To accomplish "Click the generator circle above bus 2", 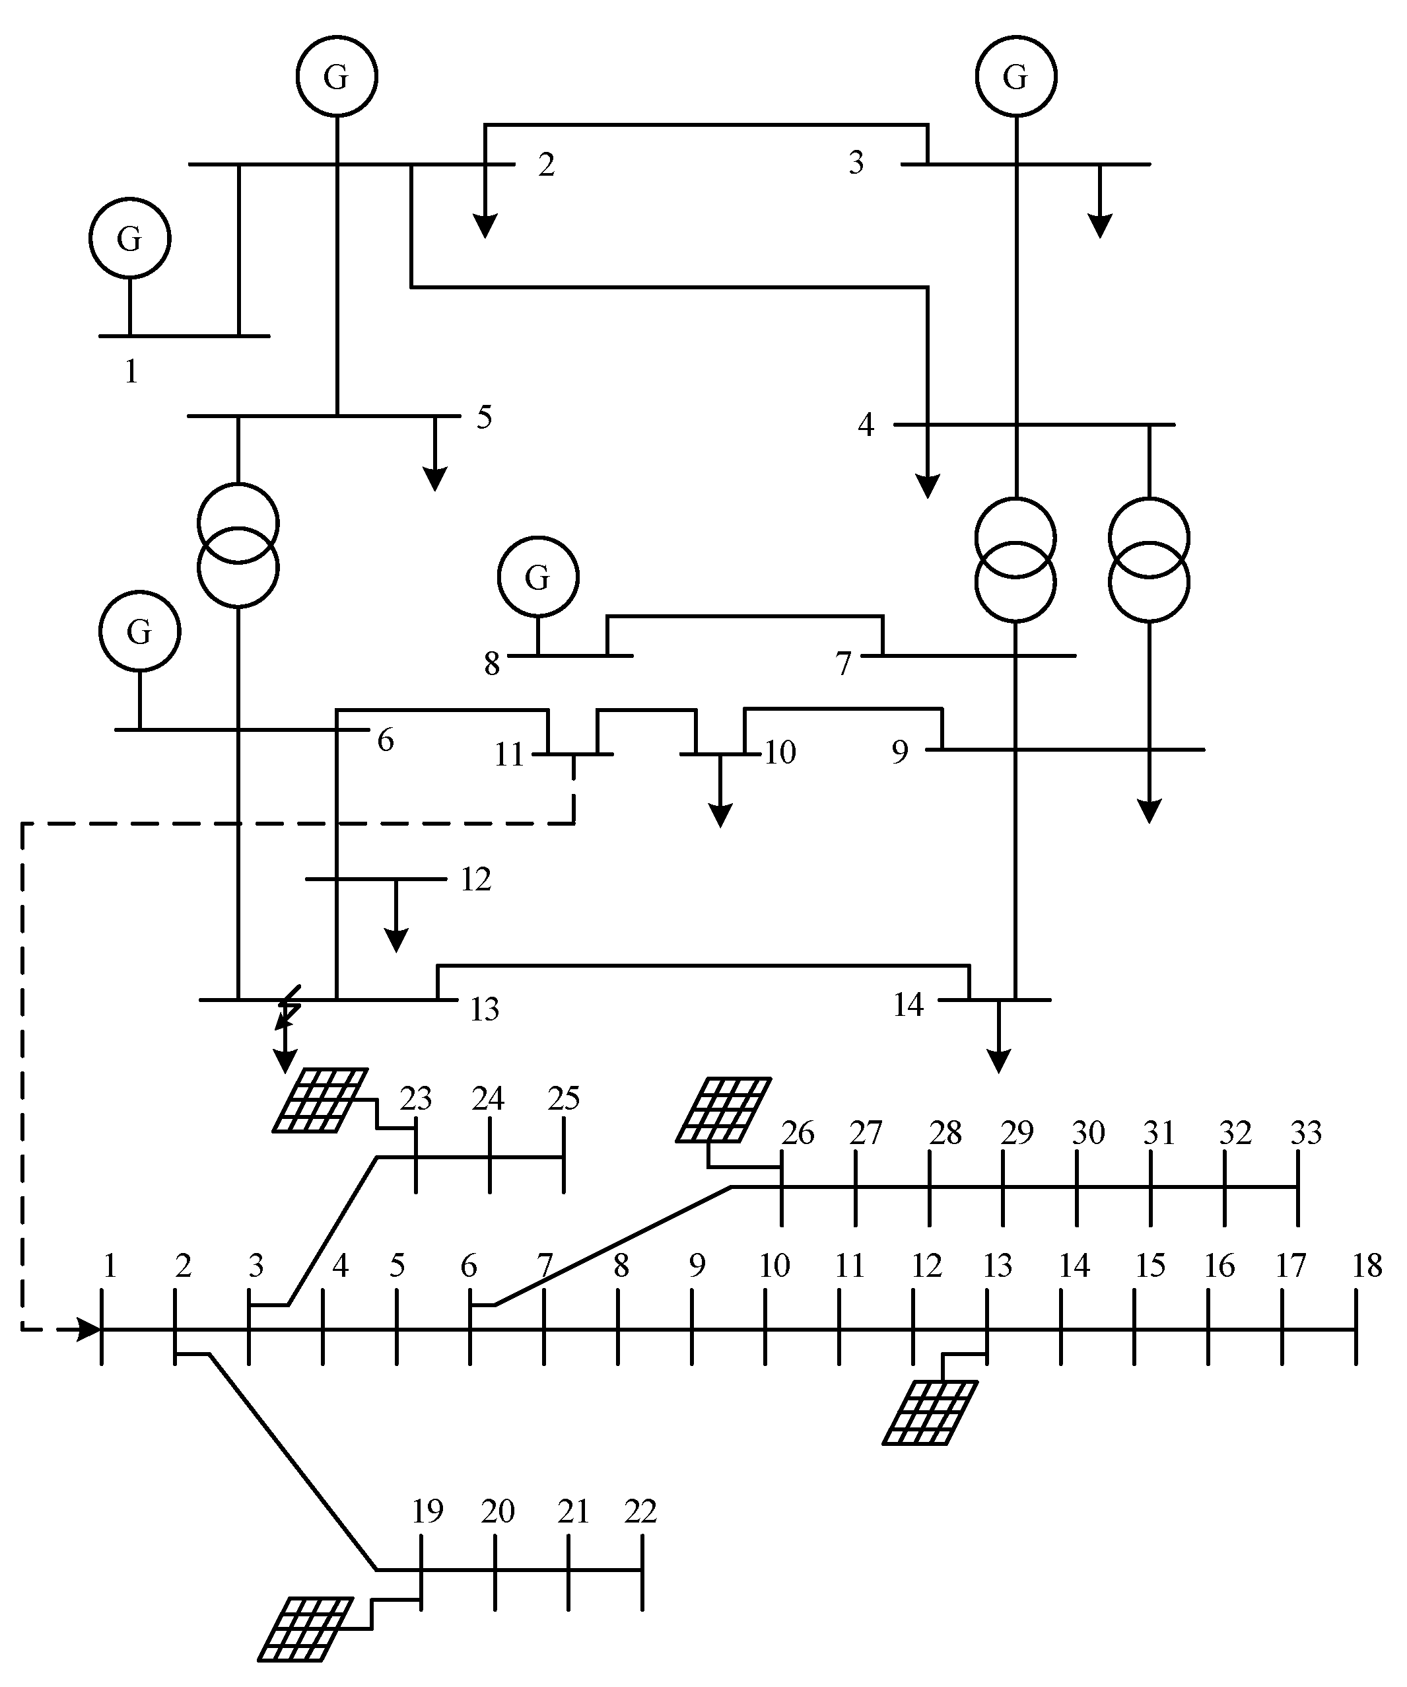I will coord(337,77).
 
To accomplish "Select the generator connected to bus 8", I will coord(537,577).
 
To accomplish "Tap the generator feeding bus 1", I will coord(129,238).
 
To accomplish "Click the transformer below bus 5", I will coord(238,546).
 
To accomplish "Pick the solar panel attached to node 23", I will coord(320,1100).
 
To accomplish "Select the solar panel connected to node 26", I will coord(724,1110).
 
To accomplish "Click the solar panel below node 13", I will coord(930,1412).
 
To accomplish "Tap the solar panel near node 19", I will coord(305,1628).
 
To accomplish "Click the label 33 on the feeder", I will coord(1306,1133).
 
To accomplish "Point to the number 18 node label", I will coord(1367,1266).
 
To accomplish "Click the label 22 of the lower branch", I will coord(641,1512).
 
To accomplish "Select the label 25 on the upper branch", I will coord(564,1098).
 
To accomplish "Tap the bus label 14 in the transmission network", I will coord(909,1005).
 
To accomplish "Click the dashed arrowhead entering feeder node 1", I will coord(88,1330).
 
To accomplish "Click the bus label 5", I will coord(484,417).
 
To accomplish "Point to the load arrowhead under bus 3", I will coord(1099,227).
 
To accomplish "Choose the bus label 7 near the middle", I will coord(842,664).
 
